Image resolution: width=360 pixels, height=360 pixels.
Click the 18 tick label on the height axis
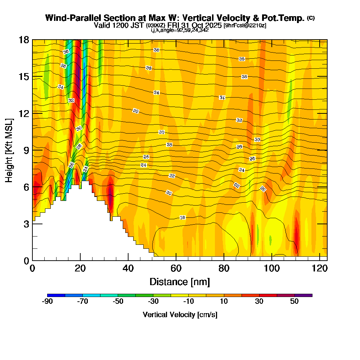coord(24,40)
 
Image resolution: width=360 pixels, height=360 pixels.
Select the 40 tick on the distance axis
coord(128,269)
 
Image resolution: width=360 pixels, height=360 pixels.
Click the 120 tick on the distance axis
coord(320,269)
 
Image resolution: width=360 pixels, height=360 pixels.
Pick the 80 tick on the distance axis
coord(224,269)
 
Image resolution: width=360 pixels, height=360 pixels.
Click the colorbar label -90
coord(48,302)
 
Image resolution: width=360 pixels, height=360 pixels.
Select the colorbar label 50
coord(294,302)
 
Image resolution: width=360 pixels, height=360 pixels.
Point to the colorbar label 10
coord(224,302)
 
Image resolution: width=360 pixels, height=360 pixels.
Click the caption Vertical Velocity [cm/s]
coord(180,315)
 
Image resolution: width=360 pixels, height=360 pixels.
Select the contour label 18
coord(183,218)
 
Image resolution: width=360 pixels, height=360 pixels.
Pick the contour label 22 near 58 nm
coord(172,176)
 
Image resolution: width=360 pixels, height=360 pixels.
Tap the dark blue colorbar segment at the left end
coord(56,295)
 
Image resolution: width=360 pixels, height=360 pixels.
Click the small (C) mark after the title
coord(311,18)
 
